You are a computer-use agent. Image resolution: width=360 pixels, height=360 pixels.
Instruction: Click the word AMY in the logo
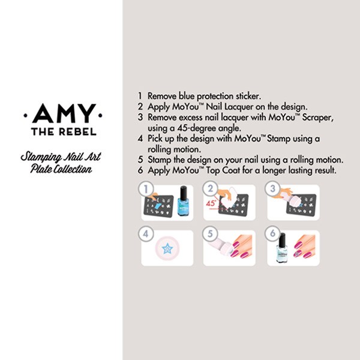click(x=64, y=113)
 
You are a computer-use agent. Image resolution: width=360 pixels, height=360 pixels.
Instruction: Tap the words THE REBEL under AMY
click(x=64, y=132)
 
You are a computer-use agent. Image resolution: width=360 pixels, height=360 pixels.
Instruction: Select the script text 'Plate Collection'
click(x=61, y=169)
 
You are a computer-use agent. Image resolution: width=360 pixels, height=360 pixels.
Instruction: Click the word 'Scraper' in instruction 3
click(x=317, y=118)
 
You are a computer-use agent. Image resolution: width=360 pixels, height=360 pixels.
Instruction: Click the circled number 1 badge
click(x=146, y=189)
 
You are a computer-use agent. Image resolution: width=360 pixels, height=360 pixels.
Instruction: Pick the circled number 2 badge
click(x=210, y=189)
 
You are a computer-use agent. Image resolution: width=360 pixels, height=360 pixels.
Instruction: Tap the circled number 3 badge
click(x=272, y=189)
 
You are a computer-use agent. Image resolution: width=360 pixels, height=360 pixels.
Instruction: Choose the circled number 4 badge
click(x=146, y=234)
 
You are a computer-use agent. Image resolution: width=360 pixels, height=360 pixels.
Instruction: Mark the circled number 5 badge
click(x=210, y=234)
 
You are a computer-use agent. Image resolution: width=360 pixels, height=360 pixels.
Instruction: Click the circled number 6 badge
click(x=272, y=233)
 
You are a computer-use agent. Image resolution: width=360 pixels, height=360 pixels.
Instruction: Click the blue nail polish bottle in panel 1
click(x=183, y=201)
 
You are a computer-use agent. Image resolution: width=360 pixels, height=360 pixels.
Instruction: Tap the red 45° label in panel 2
click(x=211, y=203)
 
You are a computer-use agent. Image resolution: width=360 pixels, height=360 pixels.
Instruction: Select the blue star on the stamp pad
click(x=167, y=248)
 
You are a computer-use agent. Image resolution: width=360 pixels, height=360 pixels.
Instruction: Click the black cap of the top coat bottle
click(x=282, y=239)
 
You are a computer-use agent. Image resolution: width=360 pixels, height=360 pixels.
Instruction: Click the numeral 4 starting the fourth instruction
click(x=140, y=139)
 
